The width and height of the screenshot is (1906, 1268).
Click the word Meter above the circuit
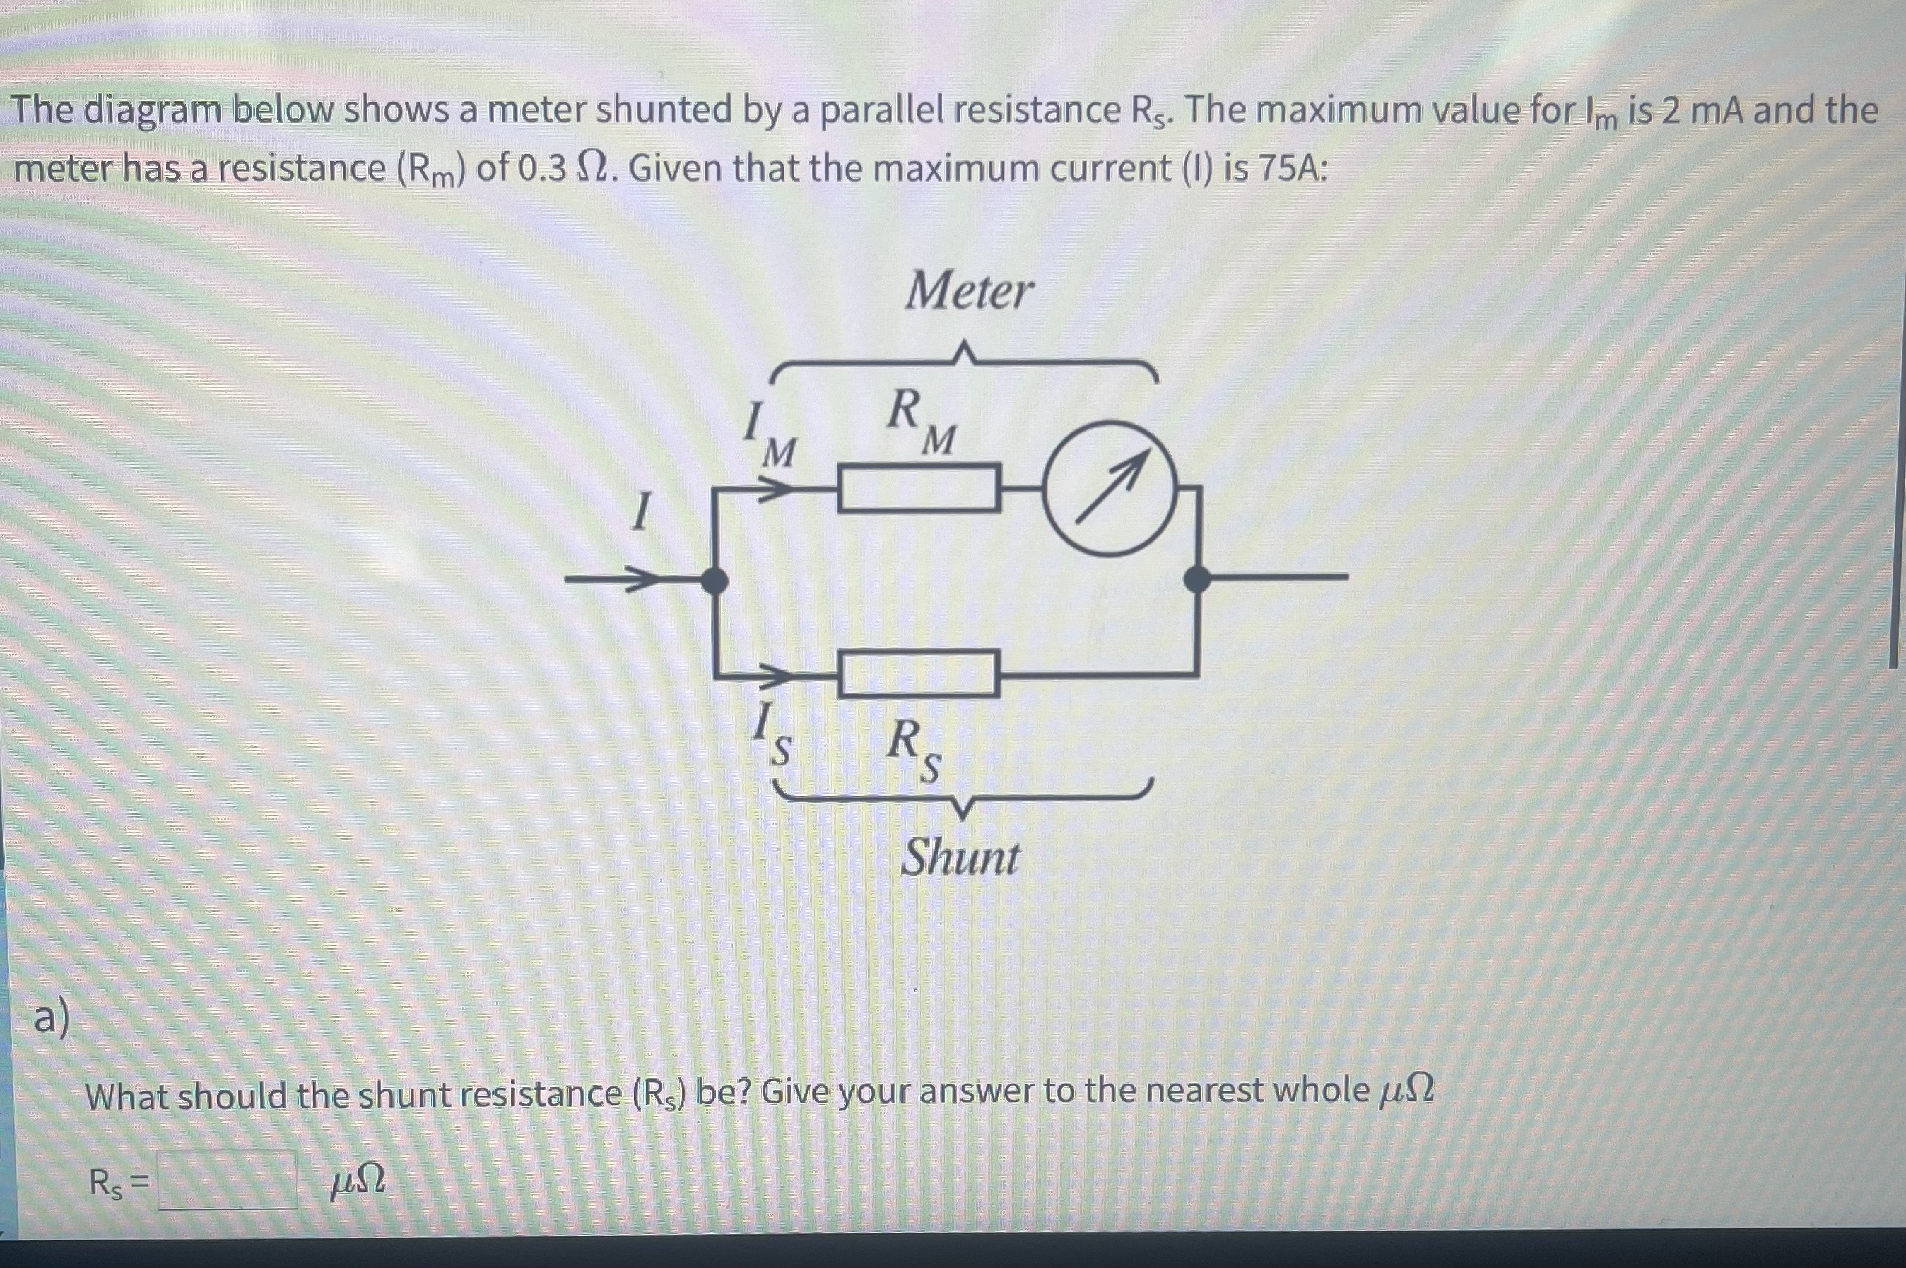click(968, 291)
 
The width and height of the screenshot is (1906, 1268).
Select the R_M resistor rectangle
click(918, 488)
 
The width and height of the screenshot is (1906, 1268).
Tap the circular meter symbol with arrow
click(1110, 488)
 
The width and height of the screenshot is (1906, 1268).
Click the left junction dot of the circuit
click(713, 580)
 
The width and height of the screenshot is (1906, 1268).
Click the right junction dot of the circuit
click(1197, 579)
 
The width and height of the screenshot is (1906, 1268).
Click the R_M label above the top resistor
click(921, 420)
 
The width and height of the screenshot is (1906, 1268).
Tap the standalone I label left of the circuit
click(641, 513)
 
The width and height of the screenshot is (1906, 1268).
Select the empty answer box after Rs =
click(228, 1180)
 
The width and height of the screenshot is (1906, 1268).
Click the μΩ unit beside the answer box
click(358, 1183)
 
